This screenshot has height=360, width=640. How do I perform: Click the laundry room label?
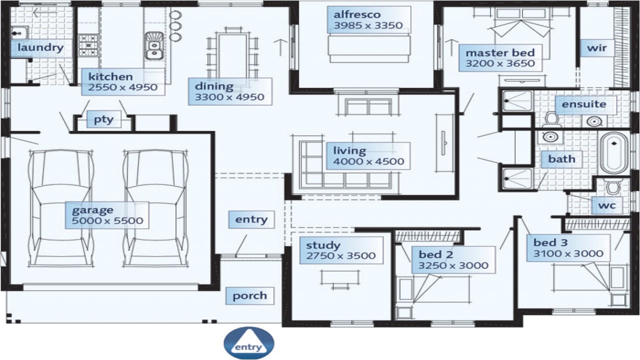click(x=40, y=48)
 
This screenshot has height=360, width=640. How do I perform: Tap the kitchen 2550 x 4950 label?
click(x=123, y=82)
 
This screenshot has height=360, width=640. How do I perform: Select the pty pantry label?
click(x=104, y=120)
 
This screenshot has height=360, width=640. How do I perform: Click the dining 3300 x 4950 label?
click(x=229, y=91)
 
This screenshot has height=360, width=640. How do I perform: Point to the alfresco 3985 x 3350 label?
click(x=368, y=20)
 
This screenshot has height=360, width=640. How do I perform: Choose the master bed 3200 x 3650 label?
click(x=500, y=58)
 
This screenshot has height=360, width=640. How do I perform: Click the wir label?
click(x=596, y=48)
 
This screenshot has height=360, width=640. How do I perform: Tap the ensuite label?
click(x=583, y=104)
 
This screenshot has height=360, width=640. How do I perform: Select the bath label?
click(x=561, y=159)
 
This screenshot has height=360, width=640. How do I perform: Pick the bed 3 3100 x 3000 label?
click(x=568, y=248)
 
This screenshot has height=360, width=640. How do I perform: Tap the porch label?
click(x=249, y=295)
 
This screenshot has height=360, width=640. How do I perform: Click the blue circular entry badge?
click(x=248, y=344)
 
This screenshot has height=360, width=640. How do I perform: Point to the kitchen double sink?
click(x=154, y=45)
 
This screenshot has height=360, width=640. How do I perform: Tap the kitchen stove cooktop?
click(x=88, y=44)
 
